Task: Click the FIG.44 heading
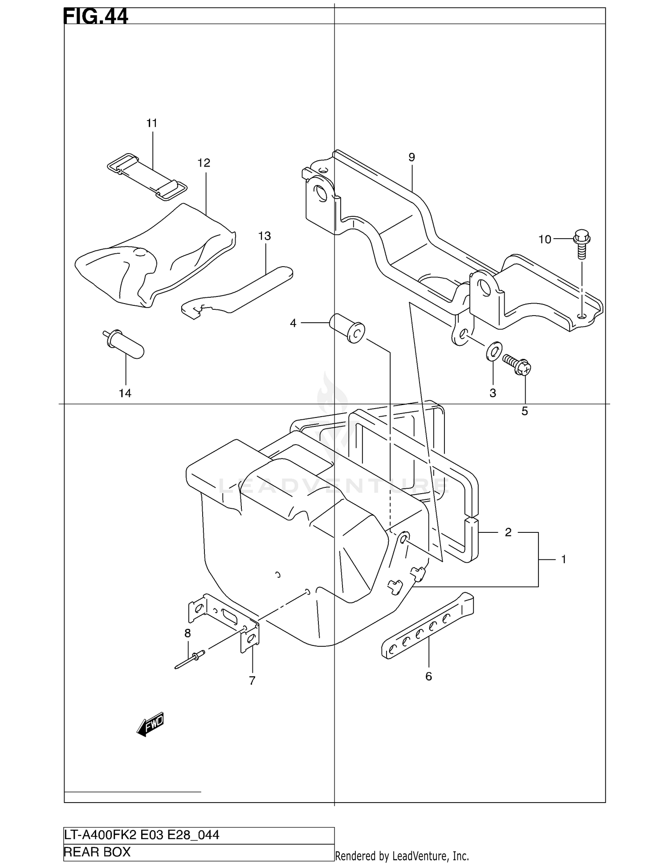tap(96, 16)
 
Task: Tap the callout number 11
tap(152, 123)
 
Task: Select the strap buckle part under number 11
tap(147, 177)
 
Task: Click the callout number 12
tap(204, 163)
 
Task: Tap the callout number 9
tap(411, 157)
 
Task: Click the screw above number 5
tap(517, 364)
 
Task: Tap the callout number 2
tap(508, 532)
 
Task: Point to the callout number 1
tap(563, 560)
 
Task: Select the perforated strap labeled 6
tap(428, 626)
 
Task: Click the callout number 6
tap(428, 677)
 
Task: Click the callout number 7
tap(252, 681)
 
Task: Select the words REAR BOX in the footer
tap(97, 852)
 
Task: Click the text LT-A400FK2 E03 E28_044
tap(142, 835)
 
